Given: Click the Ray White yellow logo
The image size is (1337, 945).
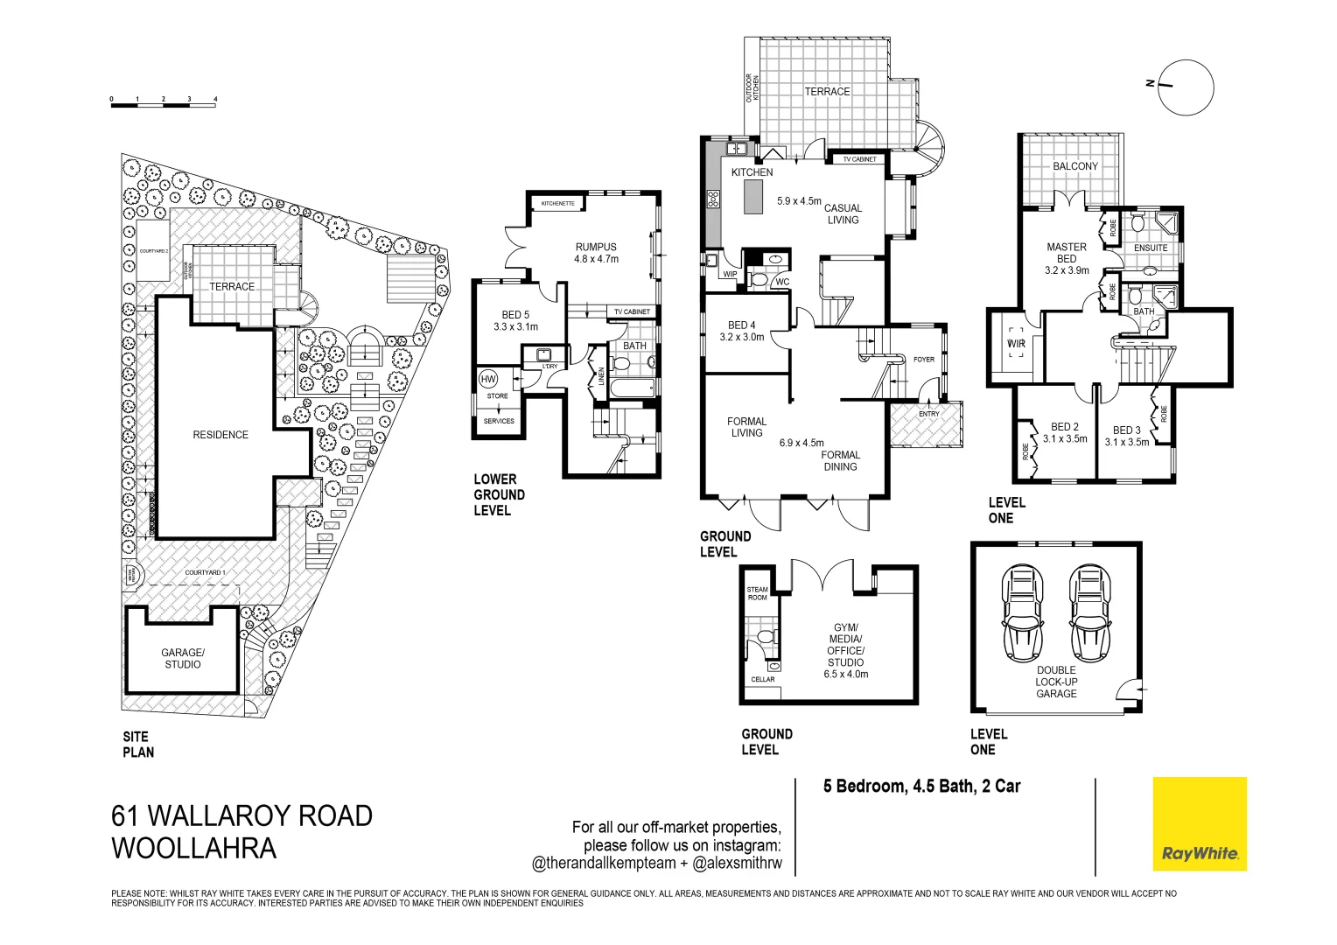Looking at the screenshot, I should [1199, 823].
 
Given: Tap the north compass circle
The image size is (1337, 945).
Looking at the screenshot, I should [1186, 87].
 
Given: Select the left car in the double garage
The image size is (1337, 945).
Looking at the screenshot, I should [1023, 612].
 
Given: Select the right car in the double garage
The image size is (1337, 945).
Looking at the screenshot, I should [1089, 612].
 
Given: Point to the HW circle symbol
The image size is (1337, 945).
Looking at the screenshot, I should [488, 379].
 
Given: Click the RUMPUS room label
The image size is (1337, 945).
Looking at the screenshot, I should [596, 248].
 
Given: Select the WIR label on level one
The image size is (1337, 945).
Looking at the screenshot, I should [1016, 344].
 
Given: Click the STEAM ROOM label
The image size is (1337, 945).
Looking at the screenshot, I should [757, 593].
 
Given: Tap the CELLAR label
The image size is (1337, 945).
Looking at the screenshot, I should [762, 679].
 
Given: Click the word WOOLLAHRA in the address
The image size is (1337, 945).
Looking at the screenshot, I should [193, 848].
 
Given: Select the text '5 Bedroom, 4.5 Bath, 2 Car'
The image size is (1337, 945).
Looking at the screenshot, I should [921, 786].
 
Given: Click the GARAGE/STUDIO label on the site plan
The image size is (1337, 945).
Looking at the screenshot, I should [182, 658].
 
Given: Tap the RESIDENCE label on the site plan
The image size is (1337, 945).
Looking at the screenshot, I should [220, 435].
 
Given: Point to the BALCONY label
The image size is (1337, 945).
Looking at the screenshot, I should [1074, 166].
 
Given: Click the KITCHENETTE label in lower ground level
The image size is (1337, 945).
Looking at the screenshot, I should [557, 204].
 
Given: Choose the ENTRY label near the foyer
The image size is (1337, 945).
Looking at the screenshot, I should [928, 414].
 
